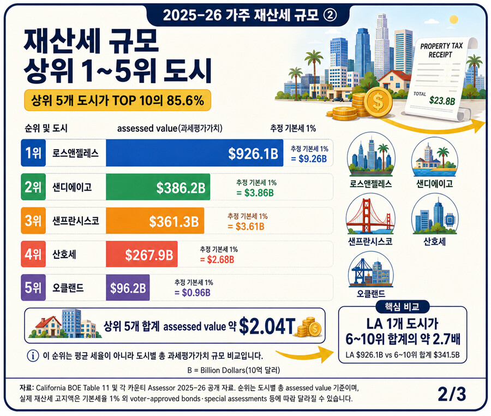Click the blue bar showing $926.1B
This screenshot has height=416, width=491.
(x=194, y=153)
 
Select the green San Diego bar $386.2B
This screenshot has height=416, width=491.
(x=158, y=187)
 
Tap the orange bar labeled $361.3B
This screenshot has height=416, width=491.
(x=155, y=221)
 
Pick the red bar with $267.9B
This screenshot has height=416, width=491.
(x=141, y=254)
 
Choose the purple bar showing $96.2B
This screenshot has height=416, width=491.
(x=128, y=288)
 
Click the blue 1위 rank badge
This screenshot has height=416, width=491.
(x=33, y=153)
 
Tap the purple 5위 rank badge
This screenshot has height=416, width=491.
(x=33, y=288)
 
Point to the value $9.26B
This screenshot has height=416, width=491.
(x=313, y=159)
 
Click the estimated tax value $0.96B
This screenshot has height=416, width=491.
(x=196, y=293)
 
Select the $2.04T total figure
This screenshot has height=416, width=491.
(x=267, y=326)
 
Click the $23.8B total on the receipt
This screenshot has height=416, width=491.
(x=442, y=100)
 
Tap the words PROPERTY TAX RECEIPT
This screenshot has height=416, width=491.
(x=441, y=50)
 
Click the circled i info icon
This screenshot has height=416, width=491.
(x=33, y=356)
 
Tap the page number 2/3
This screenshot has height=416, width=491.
(x=452, y=394)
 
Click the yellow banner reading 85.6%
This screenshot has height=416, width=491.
(x=117, y=100)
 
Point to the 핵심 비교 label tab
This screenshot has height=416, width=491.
(x=402, y=307)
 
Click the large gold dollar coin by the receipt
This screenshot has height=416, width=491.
(x=378, y=102)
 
